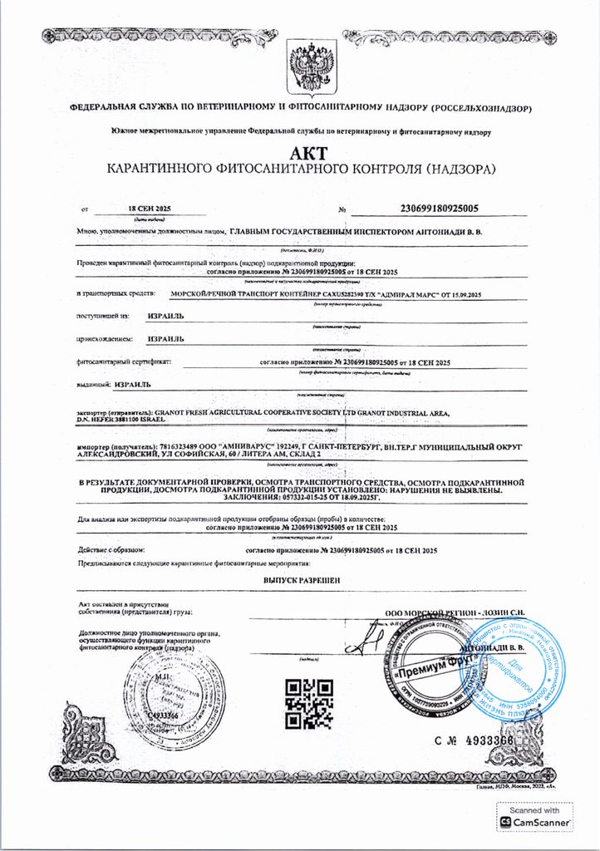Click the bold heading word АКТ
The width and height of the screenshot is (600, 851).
[308, 153]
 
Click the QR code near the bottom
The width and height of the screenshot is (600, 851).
[303, 703]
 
